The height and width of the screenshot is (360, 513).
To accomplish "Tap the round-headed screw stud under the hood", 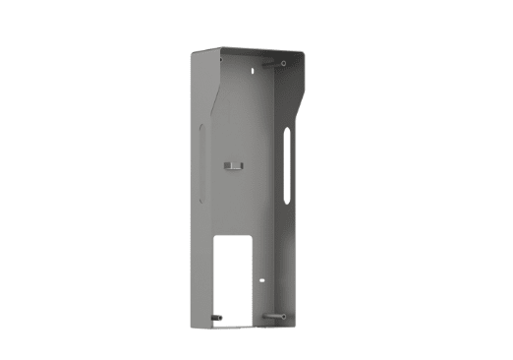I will [x=283, y=64].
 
